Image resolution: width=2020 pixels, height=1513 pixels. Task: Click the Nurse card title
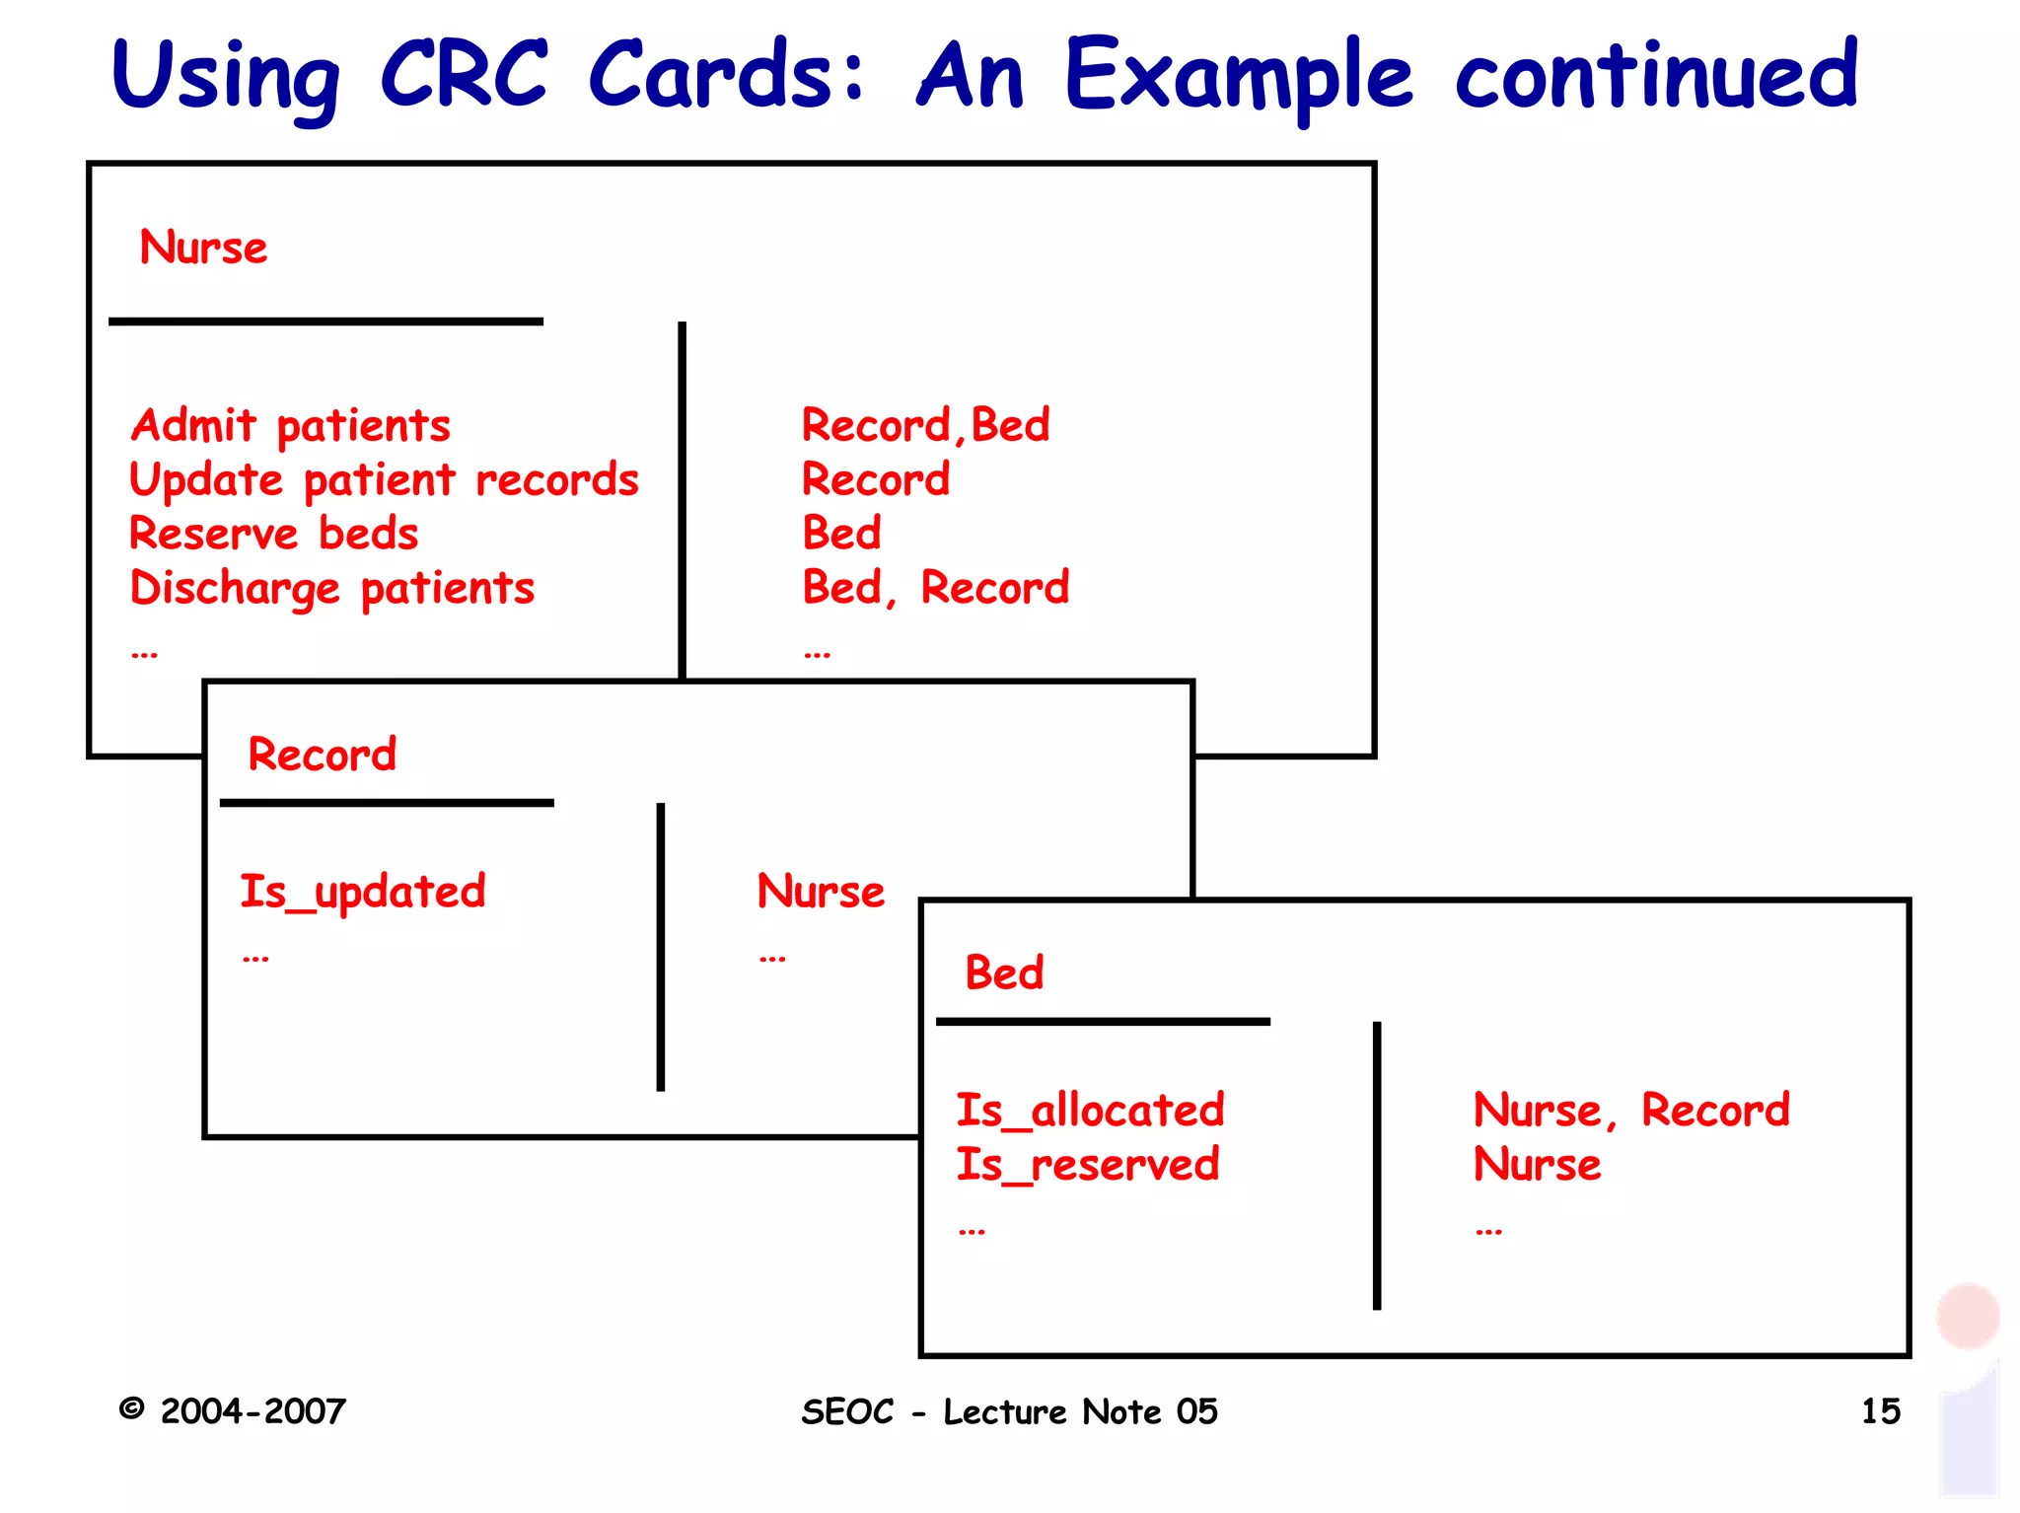click(203, 248)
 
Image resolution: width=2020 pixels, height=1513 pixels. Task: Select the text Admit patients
click(291, 427)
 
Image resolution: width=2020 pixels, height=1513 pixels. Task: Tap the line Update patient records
click(384, 480)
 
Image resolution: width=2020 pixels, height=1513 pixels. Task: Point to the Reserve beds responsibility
click(274, 534)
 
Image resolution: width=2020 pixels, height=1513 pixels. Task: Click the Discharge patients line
click(332, 589)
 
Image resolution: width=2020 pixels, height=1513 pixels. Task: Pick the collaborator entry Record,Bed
click(925, 426)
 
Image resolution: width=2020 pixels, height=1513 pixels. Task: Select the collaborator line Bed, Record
click(935, 588)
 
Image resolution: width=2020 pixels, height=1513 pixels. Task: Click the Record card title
click(322, 755)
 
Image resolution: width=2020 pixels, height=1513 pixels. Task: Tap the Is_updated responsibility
click(363, 892)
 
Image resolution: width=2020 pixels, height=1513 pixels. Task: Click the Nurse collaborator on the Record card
click(821, 892)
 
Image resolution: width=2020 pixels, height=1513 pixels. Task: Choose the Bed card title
click(1004, 973)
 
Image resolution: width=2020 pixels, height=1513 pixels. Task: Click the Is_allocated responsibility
click(1090, 1111)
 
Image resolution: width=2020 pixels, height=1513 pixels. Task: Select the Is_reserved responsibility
click(1087, 1165)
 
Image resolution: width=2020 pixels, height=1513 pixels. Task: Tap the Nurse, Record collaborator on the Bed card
click(1630, 1111)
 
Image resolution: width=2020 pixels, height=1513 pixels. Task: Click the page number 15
click(1880, 1411)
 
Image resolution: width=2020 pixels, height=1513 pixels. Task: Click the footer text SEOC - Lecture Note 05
click(1009, 1411)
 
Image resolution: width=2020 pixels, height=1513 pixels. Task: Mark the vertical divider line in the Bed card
click(1377, 1164)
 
